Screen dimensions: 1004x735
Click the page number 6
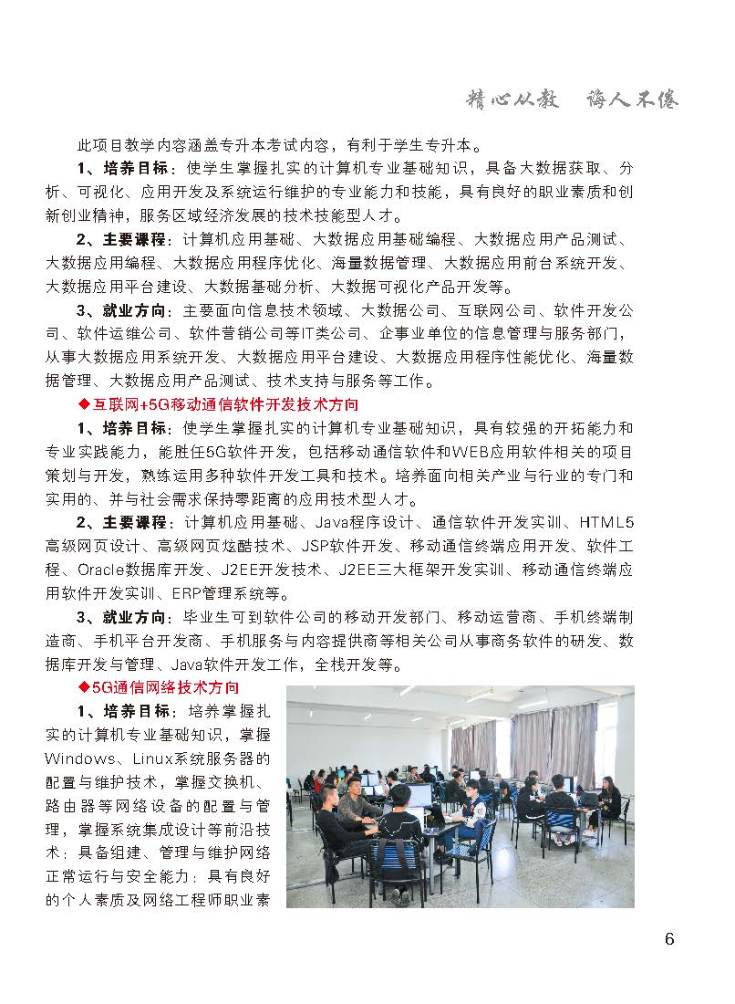tap(669, 940)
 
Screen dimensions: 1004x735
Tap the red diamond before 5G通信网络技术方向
tap(84, 686)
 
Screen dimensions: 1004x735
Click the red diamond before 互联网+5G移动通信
tap(84, 404)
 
